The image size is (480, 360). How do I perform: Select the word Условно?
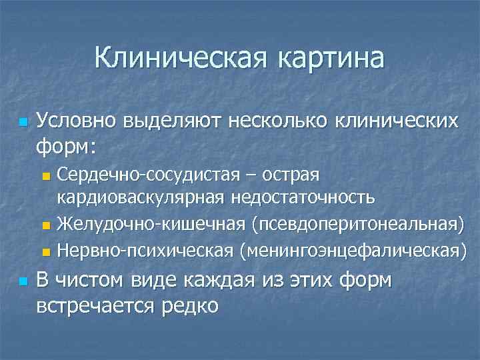pos(78,121)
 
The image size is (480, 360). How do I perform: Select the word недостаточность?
pos(303,198)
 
